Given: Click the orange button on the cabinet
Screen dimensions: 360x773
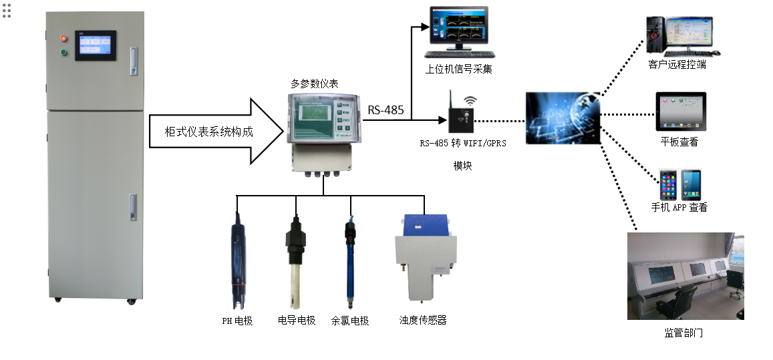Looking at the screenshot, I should pyautogui.click(x=64, y=37).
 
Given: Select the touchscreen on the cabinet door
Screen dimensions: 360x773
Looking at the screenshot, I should pyautogui.click(x=96, y=45).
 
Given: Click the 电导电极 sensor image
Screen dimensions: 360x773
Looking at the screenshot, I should pyautogui.click(x=295, y=260).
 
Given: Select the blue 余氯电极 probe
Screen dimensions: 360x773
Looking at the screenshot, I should pyautogui.click(x=349, y=260).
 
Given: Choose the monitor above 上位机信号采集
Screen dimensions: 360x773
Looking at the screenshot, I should pyautogui.click(x=458, y=30).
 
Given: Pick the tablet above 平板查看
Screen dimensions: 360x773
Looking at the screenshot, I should pyautogui.click(x=680, y=112).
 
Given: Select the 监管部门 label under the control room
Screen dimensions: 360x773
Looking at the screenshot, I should pyautogui.click(x=683, y=333).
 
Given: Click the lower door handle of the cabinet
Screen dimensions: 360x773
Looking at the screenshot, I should pyautogui.click(x=133, y=206).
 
